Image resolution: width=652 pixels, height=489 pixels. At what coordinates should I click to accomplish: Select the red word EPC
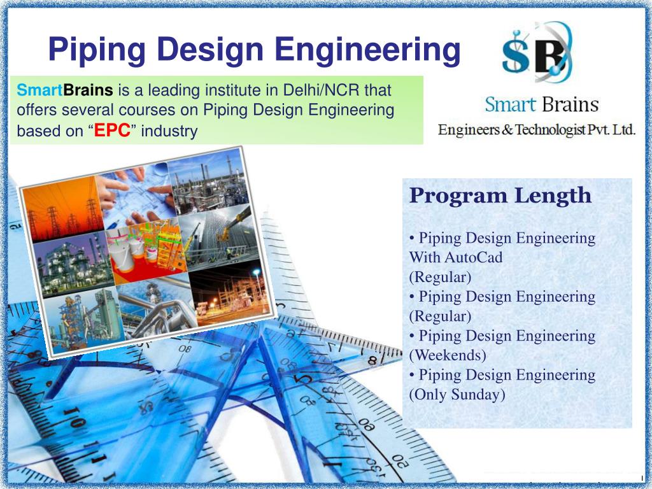click(112, 131)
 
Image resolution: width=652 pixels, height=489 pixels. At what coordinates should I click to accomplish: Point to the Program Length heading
click(500, 195)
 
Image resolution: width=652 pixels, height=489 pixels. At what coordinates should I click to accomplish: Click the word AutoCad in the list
click(473, 258)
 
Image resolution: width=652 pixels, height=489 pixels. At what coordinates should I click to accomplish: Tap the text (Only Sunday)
click(457, 394)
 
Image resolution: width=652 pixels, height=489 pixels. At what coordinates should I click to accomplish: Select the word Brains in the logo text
click(570, 105)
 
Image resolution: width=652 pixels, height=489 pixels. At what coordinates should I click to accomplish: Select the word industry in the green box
click(169, 131)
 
